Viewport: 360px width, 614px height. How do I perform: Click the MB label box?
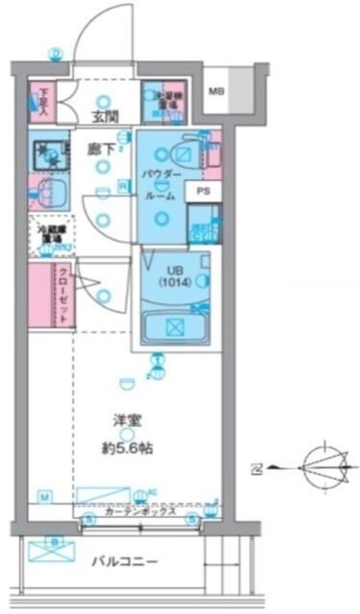[218, 92]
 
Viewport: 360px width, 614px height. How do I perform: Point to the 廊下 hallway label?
[100, 150]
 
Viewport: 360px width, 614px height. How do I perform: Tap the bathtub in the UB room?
[175, 327]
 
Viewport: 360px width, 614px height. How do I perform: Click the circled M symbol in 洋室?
[44, 495]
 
